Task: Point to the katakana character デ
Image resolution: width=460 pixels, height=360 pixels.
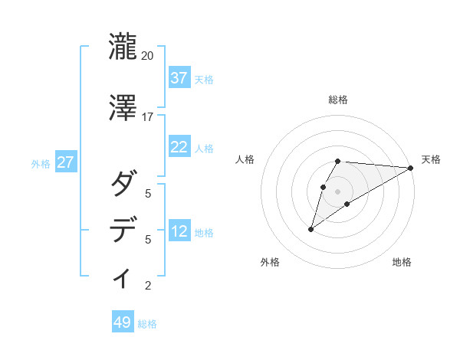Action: pyautogui.click(x=123, y=230)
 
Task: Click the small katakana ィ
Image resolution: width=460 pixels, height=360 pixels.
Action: pyautogui.click(x=123, y=278)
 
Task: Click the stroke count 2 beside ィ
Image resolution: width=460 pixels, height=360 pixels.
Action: pyautogui.click(x=148, y=286)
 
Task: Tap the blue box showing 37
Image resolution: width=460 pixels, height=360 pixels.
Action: pyautogui.click(x=179, y=78)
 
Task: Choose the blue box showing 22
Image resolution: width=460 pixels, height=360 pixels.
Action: pyautogui.click(x=179, y=147)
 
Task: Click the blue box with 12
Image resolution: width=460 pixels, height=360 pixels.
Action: pyautogui.click(x=179, y=231)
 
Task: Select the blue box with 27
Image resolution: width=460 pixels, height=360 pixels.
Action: pyautogui.click(x=66, y=162)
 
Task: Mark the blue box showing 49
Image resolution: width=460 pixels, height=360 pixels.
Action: pyautogui.click(x=123, y=322)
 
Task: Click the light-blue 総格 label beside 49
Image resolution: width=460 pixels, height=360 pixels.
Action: pyautogui.click(x=148, y=324)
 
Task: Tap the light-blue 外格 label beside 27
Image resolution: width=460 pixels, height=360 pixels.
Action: pyautogui.click(x=41, y=163)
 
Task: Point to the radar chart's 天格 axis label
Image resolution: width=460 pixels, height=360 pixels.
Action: pyautogui.click(x=431, y=159)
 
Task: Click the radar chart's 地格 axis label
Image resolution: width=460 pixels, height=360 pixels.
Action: pyautogui.click(x=402, y=262)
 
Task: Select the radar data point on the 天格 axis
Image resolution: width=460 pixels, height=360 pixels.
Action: pyautogui.click(x=411, y=168)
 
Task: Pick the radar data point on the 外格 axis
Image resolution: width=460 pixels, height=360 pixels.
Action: pyautogui.click(x=310, y=229)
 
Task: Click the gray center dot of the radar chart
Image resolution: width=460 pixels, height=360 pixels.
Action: pyautogui.click(x=338, y=191)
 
